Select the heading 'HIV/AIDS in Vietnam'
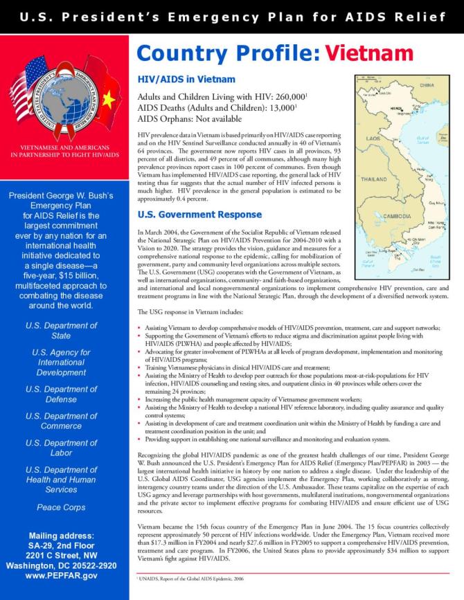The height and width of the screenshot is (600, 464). pyautogui.click(x=181, y=80)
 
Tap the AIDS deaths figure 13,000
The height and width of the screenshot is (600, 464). pyautogui.click(x=276, y=107)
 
